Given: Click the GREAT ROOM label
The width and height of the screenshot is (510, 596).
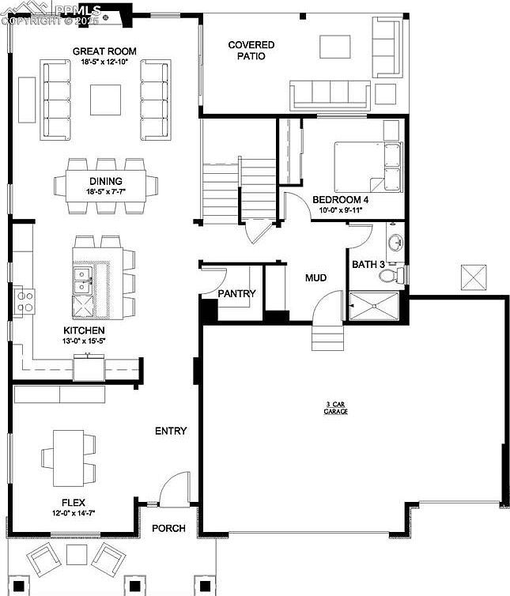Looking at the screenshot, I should (104, 51).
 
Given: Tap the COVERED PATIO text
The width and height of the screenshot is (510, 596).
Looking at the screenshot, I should (251, 51).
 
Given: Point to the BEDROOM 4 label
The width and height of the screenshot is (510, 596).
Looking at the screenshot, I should (340, 200).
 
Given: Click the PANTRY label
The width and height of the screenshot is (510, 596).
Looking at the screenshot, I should (236, 293).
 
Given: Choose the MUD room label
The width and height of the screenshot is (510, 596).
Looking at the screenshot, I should (316, 278).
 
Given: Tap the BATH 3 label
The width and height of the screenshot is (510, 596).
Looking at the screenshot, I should (368, 264).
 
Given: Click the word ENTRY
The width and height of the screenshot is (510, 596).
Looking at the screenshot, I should (171, 431).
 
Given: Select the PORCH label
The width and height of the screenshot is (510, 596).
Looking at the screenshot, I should (168, 528).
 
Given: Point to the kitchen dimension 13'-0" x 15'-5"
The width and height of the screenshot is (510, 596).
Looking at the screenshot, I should (85, 341).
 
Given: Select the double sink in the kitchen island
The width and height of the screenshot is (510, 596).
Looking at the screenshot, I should (81, 275).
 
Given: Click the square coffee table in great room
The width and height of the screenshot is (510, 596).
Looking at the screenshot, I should (105, 100).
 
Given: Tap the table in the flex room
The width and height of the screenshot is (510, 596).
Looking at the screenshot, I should (67, 458).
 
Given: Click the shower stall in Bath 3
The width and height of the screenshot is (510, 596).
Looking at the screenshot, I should (376, 305).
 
